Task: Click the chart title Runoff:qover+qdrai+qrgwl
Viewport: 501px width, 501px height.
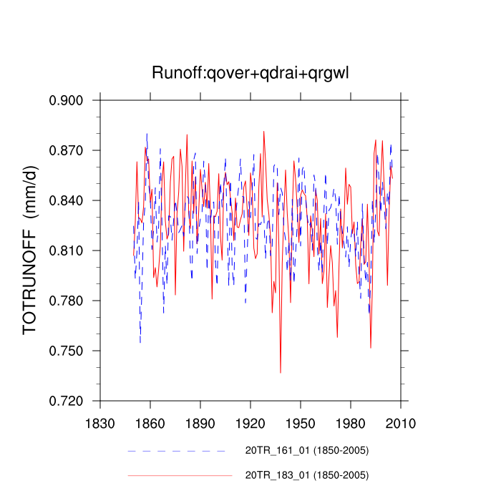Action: [x=250, y=73]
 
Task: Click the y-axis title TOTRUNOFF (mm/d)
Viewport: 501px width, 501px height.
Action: [x=30, y=250]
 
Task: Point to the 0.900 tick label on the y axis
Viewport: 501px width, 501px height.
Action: [x=67, y=100]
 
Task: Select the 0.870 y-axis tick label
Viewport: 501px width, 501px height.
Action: [x=67, y=150]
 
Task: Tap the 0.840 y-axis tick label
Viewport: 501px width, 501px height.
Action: [x=67, y=200]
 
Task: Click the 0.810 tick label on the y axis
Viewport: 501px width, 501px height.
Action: [x=67, y=250]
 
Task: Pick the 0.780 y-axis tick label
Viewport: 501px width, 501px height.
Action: [x=67, y=301]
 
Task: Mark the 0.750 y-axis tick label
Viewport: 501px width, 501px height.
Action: [x=67, y=351]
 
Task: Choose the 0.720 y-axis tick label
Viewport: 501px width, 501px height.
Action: [x=67, y=401]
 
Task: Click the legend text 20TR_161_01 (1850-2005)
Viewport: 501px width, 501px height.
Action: [x=307, y=450]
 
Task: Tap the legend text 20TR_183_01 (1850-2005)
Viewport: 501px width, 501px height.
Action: [x=307, y=475]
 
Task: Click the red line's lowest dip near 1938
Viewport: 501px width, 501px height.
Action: [x=281, y=372]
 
